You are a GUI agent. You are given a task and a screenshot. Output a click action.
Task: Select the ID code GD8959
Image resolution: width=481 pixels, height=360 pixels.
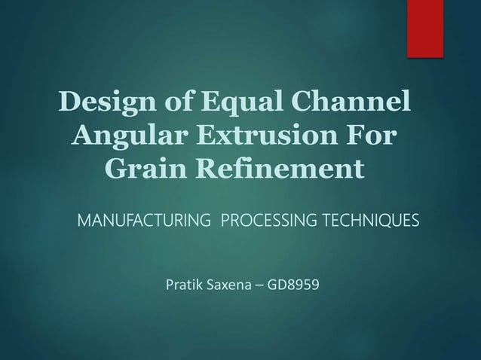point(301,287)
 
